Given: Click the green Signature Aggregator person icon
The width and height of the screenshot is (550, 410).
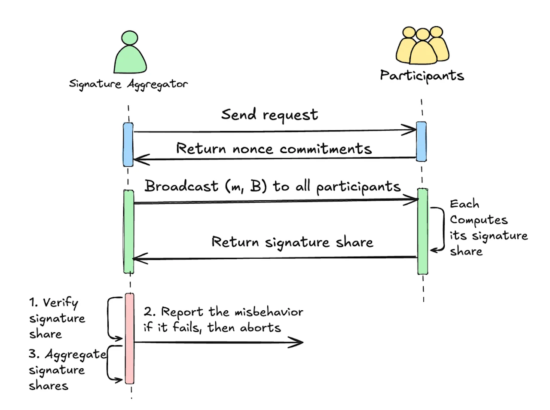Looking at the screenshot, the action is click(x=130, y=52).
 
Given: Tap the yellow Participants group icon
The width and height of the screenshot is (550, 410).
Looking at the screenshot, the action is click(x=422, y=45).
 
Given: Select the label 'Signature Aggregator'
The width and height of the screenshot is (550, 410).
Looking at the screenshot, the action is click(x=128, y=84).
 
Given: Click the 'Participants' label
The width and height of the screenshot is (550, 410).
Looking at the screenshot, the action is click(x=422, y=76).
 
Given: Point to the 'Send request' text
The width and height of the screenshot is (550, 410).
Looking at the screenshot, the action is click(x=269, y=115).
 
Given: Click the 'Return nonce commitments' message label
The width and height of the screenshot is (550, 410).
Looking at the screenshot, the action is click(x=274, y=148).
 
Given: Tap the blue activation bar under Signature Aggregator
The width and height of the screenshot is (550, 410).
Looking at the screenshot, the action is click(x=128, y=144).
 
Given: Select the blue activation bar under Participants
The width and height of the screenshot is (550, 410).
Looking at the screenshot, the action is click(x=421, y=141).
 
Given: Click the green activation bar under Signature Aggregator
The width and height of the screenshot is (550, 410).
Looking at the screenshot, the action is click(x=129, y=232).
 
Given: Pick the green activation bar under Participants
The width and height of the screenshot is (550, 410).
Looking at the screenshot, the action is click(x=423, y=231).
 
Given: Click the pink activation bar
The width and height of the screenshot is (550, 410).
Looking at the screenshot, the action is click(x=129, y=338).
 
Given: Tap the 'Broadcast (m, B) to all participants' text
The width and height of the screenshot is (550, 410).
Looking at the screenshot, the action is click(x=272, y=187).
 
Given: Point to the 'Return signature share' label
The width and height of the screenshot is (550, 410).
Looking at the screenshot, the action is click(x=293, y=242).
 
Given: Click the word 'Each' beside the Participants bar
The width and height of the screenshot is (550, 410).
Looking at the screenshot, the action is click(x=464, y=204).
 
